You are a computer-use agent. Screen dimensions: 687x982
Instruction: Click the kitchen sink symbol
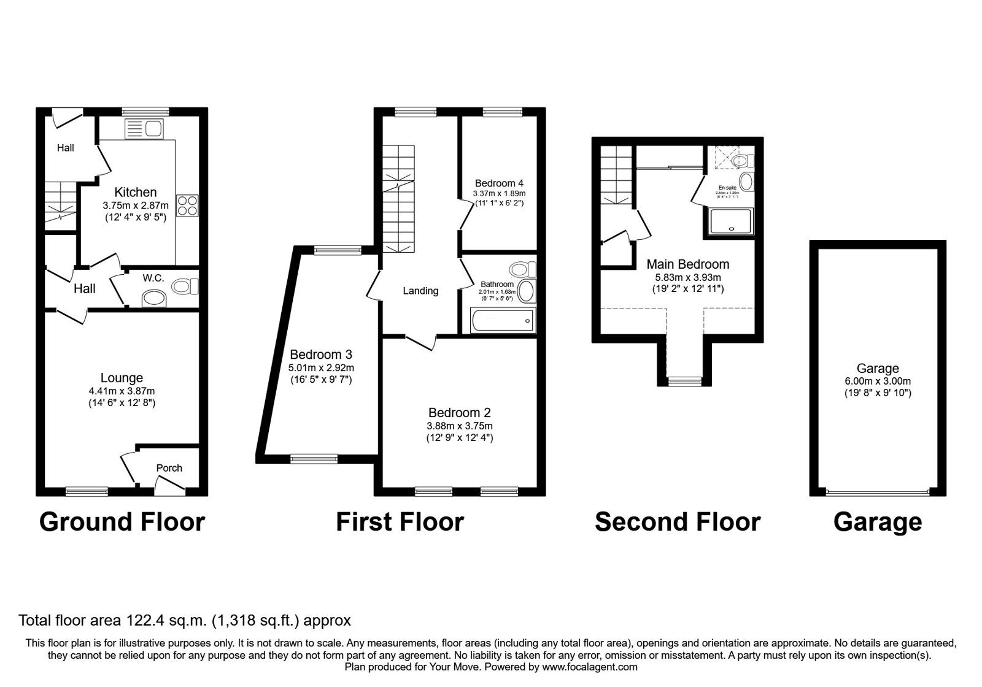[143, 129]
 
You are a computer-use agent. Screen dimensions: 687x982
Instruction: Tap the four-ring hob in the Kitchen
[187, 205]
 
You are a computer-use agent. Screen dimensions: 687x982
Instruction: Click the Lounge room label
[122, 378]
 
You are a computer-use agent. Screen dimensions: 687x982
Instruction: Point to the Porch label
[169, 468]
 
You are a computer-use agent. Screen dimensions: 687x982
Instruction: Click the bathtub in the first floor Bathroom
[503, 321]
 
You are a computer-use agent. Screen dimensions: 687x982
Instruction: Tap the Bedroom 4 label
[499, 183]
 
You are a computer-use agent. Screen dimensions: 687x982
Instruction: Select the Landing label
[420, 291]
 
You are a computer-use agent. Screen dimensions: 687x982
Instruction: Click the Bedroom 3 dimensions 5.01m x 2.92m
[321, 368]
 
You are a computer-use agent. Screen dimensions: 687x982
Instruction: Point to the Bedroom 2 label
[459, 413]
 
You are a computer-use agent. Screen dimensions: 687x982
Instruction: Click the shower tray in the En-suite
[730, 222]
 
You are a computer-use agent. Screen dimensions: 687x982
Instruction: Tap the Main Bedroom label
[687, 264]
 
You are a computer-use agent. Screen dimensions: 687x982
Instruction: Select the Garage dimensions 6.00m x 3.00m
[877, 381]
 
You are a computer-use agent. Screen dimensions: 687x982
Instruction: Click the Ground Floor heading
[122, 522]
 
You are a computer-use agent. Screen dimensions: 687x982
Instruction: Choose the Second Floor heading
[677, 522]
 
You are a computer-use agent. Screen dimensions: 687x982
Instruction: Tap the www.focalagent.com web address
[589, 667]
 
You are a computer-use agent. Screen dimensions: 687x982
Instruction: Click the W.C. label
[153, 278]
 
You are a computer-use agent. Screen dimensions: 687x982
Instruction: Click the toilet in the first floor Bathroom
[522, 269]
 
